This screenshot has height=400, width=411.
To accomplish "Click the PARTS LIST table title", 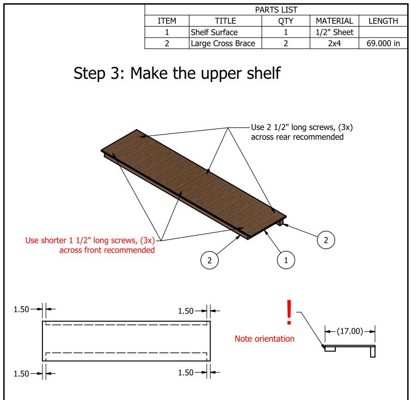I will (x=277, y=9).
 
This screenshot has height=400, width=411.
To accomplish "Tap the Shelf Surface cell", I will (x=214, y=32).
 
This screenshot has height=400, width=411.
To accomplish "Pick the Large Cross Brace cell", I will (x=222, y=44).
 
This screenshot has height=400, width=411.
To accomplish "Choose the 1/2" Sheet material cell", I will (x=334, y=32).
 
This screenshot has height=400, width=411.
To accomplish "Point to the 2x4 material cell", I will (x=334, y=44).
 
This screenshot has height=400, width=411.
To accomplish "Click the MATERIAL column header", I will (x=334, y=21).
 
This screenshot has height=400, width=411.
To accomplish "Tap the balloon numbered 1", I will (x=284, y=261).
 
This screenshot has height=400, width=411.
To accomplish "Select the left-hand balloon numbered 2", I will (x=207, y=261).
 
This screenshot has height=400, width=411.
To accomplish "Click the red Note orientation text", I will (x=265, y=339).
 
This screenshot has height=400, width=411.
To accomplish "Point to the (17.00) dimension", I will (x=350, y=331).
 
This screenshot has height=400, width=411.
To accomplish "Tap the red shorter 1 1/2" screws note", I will (x=90, y=245).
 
